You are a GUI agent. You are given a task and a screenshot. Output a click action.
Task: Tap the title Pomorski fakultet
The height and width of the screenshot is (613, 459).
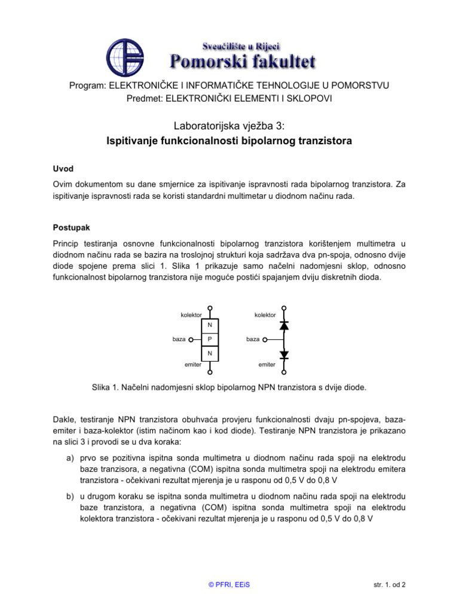coord(243,60)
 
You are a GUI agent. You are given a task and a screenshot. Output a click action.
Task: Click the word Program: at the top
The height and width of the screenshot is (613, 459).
coord(88,86)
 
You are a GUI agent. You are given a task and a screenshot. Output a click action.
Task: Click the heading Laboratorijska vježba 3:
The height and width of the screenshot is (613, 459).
coord(229,126)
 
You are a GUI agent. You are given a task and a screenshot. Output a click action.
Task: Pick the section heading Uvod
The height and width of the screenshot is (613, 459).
coord(63,169)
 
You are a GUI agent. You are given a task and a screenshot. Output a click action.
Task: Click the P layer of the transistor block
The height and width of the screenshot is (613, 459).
coord(210,339)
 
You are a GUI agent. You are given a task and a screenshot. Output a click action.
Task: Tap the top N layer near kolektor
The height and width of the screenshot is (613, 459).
coord(210,326)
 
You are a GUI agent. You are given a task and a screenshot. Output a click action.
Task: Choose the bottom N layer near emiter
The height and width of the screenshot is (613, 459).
coord(210,354)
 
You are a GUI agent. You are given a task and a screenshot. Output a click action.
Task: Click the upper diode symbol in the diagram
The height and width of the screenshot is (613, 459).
coord(284,326)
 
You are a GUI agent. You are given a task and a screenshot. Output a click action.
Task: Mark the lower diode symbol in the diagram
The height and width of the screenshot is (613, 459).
coord(284,354)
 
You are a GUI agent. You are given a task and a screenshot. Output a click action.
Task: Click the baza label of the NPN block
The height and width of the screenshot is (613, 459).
coord(179,339)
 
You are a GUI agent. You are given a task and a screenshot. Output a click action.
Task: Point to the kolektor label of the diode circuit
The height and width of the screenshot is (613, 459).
coord(265,315)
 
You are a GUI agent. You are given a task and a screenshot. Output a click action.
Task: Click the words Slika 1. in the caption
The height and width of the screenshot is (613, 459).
coord(105,387)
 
